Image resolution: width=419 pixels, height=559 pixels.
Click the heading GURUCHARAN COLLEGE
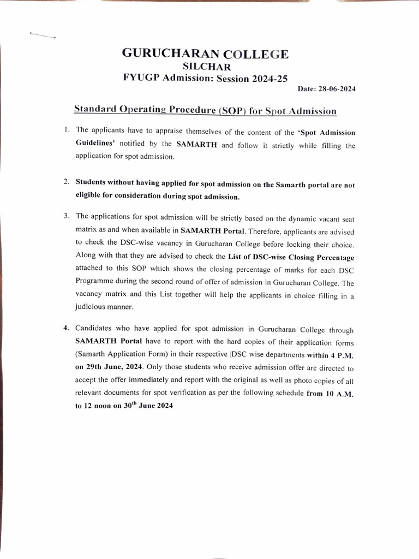click(x=205, y=53)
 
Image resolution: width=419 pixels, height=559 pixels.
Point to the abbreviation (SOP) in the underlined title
click(x=233, y=111)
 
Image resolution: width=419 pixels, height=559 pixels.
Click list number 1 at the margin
click(x=66, y=130)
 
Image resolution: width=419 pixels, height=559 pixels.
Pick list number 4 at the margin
click(x=66, y=329)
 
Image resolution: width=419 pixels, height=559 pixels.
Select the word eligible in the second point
click(x=91, y=196)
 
